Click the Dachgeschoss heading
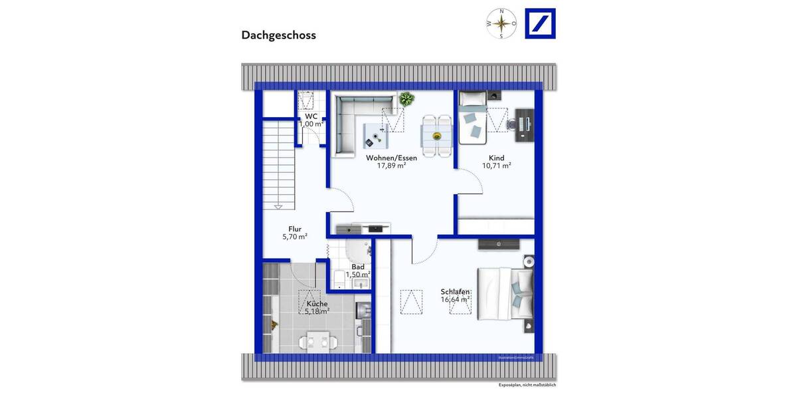coord(278,35)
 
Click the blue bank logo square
coord(540,23)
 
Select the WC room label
coord(311,116)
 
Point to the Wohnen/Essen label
coord(391,158)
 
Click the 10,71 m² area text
coord(496,166)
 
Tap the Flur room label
coord(294,229)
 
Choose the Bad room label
coord(358,267)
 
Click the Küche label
coord(317,303)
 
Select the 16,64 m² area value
coord(455,299)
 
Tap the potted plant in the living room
coord(406,100)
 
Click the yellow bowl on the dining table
coord(437,136)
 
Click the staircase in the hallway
coord(278,163)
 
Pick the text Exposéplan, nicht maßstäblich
coord(527,385)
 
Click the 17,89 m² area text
coord(391,166)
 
